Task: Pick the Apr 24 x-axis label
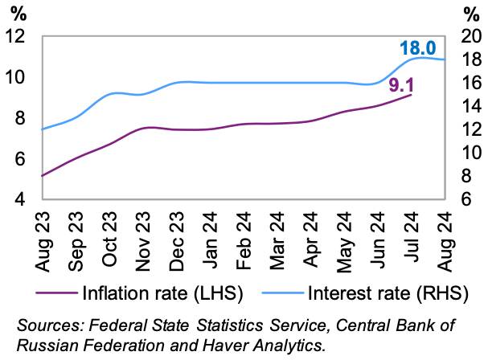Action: (x=311, y=230)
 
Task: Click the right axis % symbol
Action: (x=472, y=13)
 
